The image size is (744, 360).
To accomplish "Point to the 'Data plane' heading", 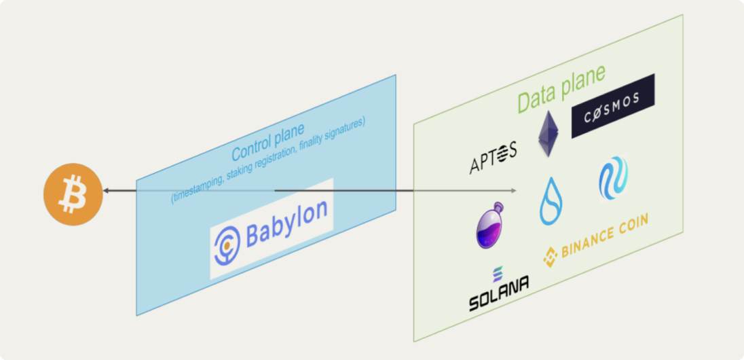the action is coord(561,89).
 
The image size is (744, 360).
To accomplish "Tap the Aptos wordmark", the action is coord(494,158).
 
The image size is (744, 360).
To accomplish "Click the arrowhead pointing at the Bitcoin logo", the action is coord(107,192).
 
